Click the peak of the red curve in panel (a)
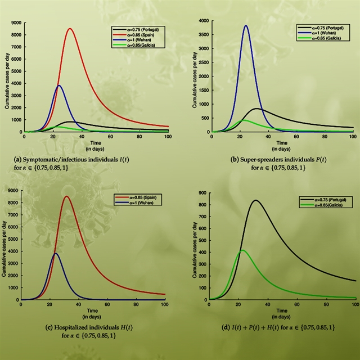70,29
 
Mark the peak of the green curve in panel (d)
242,250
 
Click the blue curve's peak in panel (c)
56,254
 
